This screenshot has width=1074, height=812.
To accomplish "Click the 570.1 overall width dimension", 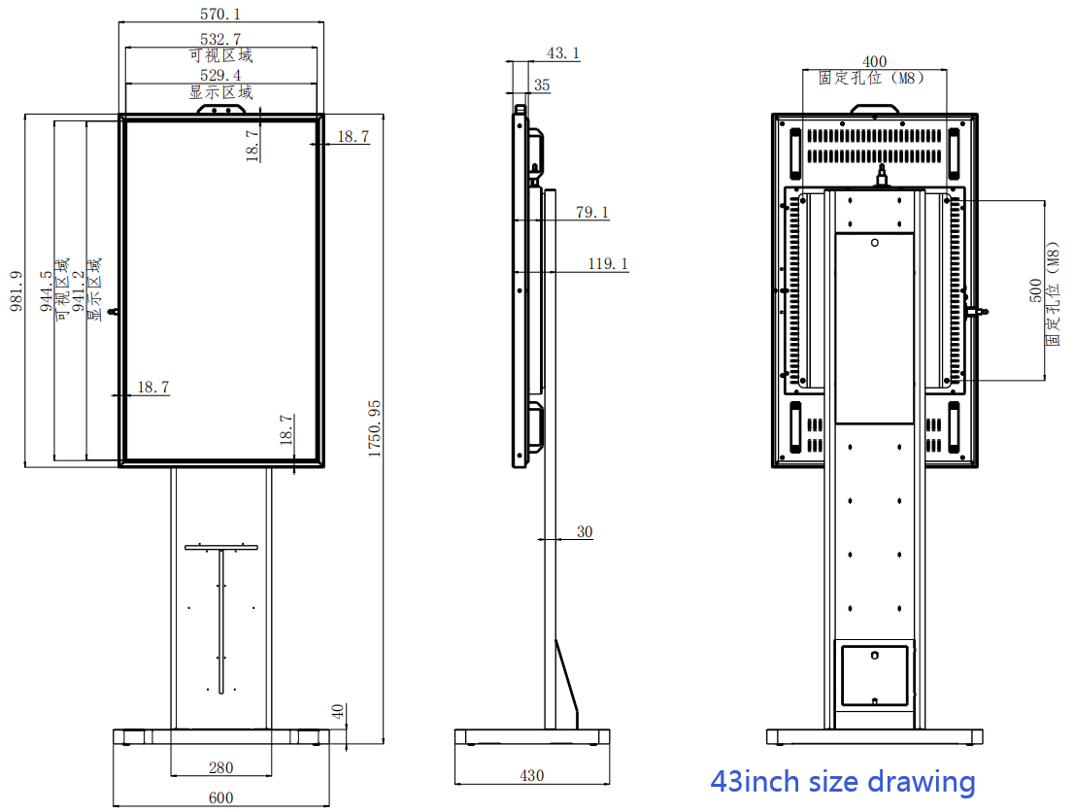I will [220, 14].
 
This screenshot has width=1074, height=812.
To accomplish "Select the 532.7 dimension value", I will [220, 39].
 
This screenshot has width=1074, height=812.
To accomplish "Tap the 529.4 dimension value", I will [220, 75].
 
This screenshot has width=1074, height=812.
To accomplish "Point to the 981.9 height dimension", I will [16, 290].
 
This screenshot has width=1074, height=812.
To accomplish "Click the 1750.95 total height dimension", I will [375, 427].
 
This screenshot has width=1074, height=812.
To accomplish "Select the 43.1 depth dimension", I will [563, 53].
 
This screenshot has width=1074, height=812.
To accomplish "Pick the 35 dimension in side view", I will [542, 85].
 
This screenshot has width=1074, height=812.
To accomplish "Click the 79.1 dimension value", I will [591, 212].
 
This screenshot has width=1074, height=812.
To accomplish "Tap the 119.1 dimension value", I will [607, 263].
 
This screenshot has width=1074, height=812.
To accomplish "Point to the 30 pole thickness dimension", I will [584, 531].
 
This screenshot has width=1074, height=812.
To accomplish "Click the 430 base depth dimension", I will [531, 775].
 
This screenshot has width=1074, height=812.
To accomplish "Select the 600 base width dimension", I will [220, 798].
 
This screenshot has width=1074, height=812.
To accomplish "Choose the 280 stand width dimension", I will [220, 767].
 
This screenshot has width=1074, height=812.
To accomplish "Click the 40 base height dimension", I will [338, 712].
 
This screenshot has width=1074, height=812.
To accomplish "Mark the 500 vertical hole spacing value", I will [1035, 289].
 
